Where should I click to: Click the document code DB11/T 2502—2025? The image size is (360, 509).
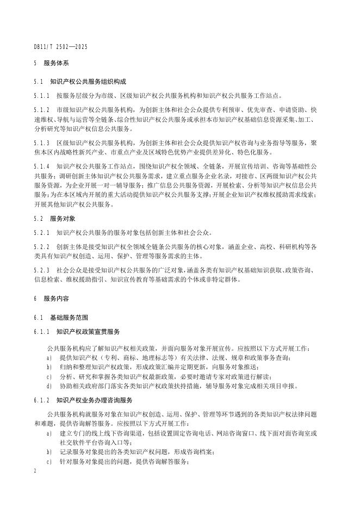60,47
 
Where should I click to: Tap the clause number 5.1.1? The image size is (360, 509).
42,95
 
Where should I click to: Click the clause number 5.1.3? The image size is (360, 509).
42,142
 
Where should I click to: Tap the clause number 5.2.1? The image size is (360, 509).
42,232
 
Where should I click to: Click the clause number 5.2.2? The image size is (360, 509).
42,247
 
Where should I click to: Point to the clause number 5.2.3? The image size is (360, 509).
42,270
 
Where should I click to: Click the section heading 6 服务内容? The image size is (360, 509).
51,299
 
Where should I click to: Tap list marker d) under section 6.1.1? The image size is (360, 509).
49,386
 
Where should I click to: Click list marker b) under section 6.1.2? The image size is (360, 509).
49,451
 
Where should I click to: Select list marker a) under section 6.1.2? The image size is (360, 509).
49,433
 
